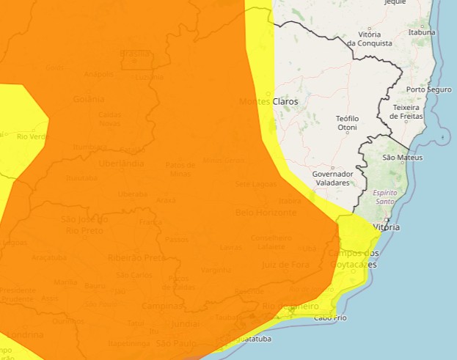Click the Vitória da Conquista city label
pyautogui.click(x=369, y=39)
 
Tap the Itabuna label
pyautogui.click(x=422, y=32)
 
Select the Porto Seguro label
pyautogui.click(x=429, y=89)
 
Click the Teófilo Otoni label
pyautogui.click(x=347, y=122)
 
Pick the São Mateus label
pyautogui.click(x=399, y=158)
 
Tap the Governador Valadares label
pyautogui.click(x=333, y=178)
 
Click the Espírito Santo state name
pyautogui.click(x=386, y=196)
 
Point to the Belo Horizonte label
pyautogui.click(x=266, y=213)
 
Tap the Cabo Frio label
pyautogui.click(x=330, y=317)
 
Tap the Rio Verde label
pyautogui.click(x=32, y=137)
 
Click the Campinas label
pyautogui.click(x=164, y=306)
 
